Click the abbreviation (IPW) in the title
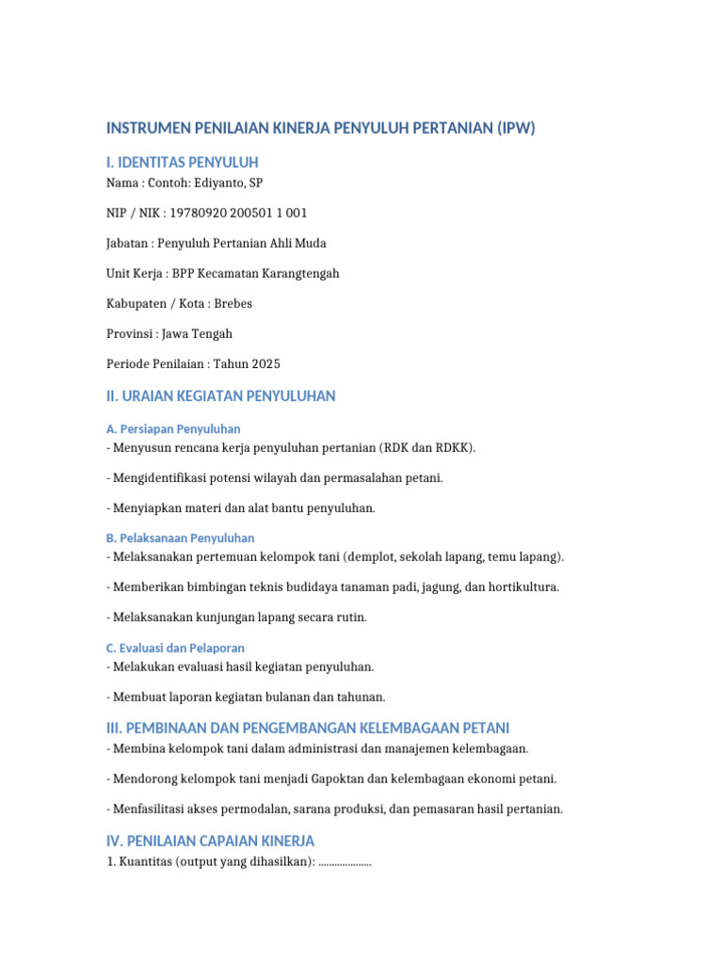coord(515,128)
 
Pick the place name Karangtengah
coord(300,273)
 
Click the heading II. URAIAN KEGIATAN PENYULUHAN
coord(220,396)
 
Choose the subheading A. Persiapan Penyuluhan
coord(173,428)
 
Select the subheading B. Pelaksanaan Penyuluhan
coord(180,538)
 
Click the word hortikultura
coord(525,586)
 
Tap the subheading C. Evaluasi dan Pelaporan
coord(175,648)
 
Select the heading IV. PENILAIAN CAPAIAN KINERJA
coord(210,841)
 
